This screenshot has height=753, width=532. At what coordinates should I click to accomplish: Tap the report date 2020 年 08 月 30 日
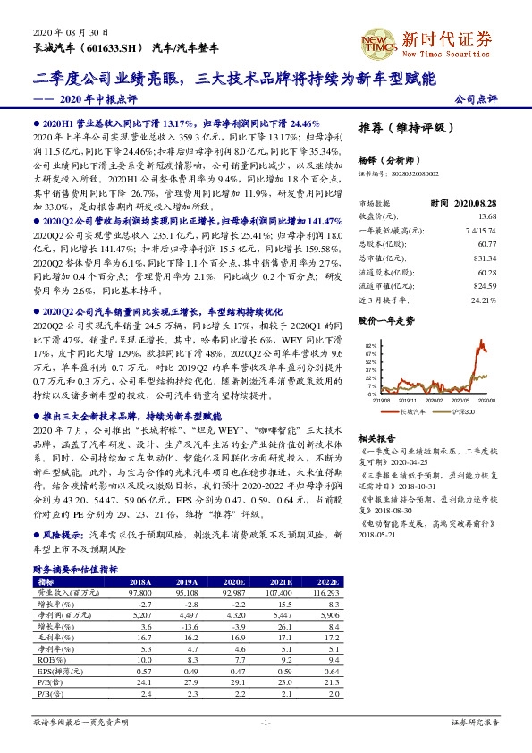point(62,30)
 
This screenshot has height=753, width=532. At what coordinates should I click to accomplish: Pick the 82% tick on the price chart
point(372,344)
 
